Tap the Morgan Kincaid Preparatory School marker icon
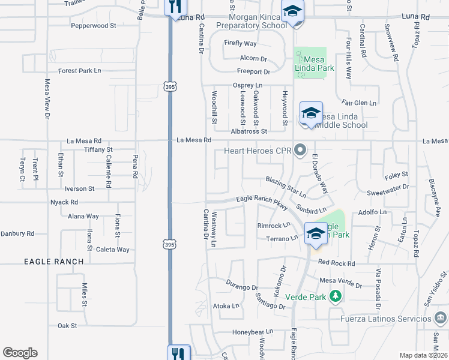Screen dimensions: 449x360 293,12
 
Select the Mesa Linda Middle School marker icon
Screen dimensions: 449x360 310,113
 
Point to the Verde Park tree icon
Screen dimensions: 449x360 336,296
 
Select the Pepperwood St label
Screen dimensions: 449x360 93,26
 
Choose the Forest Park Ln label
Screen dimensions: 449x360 79,71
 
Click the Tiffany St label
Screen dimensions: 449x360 98,149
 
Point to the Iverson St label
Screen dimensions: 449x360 74,188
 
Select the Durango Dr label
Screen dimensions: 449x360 243,284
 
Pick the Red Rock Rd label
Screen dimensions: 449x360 337,263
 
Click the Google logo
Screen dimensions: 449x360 20,353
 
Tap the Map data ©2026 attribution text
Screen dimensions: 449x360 424,355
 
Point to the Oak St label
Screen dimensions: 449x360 67,326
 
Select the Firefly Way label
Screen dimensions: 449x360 240,44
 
